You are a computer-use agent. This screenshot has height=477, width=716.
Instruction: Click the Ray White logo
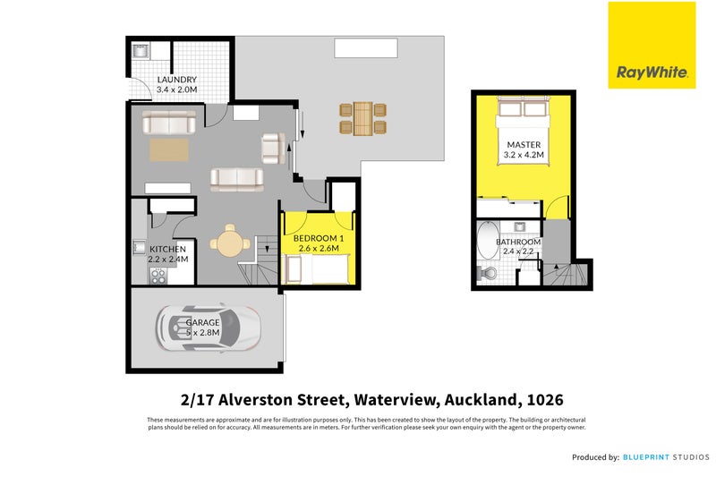pyautogui.click(x=651, y=45)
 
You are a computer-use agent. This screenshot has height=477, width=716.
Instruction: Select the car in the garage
pyautogui.click(x=208, y=328)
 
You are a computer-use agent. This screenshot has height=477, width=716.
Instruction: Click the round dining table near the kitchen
pyautogui.click(x=230, y=240)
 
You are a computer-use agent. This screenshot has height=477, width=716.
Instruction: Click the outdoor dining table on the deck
pyautogui.click(x=362, y=118)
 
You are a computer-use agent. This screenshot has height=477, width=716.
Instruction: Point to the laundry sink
pyautogui.click(x=140, y=53)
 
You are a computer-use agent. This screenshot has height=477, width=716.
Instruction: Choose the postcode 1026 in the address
pyautogui.click(x=545, y=399)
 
